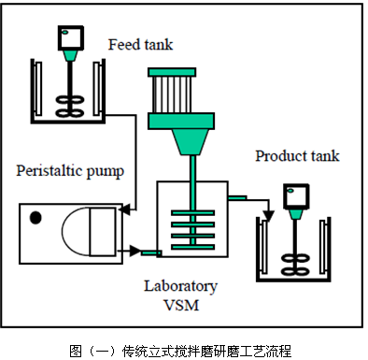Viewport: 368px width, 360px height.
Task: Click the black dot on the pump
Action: [x=35, y=218]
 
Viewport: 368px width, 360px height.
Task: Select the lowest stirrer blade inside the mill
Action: [x=195, y=240]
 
